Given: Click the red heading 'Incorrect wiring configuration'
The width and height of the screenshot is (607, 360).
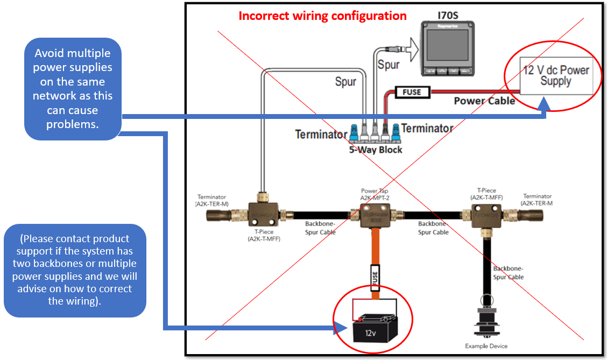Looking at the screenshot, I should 323,16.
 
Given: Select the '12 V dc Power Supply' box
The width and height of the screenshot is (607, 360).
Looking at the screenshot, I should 556,76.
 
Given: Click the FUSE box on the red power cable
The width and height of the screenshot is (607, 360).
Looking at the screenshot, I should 412,92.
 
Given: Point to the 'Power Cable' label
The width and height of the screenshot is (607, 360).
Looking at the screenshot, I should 484,101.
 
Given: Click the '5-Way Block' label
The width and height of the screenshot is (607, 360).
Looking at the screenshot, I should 376,150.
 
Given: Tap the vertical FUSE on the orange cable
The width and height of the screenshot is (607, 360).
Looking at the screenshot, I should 375,278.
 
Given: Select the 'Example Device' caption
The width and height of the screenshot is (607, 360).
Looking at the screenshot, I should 486,346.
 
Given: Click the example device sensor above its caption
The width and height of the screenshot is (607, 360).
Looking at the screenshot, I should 485,321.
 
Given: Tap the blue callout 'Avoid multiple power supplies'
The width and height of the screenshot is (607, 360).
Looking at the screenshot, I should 73,88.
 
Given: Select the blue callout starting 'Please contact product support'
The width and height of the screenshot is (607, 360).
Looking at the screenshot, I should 75,270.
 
